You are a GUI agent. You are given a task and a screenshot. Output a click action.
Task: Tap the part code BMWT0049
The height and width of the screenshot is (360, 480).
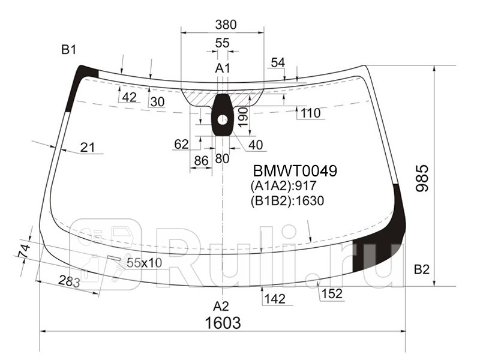[294, 171]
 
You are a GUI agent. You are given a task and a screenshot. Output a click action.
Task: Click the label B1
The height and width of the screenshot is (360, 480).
[68, 50]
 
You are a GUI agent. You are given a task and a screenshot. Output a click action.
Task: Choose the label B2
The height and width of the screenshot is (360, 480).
[422, 269]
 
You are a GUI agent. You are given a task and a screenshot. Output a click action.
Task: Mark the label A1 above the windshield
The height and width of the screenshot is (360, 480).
[223, 68]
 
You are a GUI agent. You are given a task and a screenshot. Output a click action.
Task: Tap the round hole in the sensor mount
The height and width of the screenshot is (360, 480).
[223, 119]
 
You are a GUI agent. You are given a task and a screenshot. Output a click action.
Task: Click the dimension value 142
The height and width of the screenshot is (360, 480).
[274, 298]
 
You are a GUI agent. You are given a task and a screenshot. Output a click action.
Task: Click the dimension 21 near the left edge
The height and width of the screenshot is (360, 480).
[88, 148]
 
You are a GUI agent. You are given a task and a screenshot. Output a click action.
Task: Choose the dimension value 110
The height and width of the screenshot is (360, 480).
[310, 113]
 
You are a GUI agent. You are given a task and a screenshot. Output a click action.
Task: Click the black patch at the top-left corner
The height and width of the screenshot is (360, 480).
[79, 84]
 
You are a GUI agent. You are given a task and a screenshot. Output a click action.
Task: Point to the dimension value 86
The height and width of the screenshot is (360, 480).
[200, 160]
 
